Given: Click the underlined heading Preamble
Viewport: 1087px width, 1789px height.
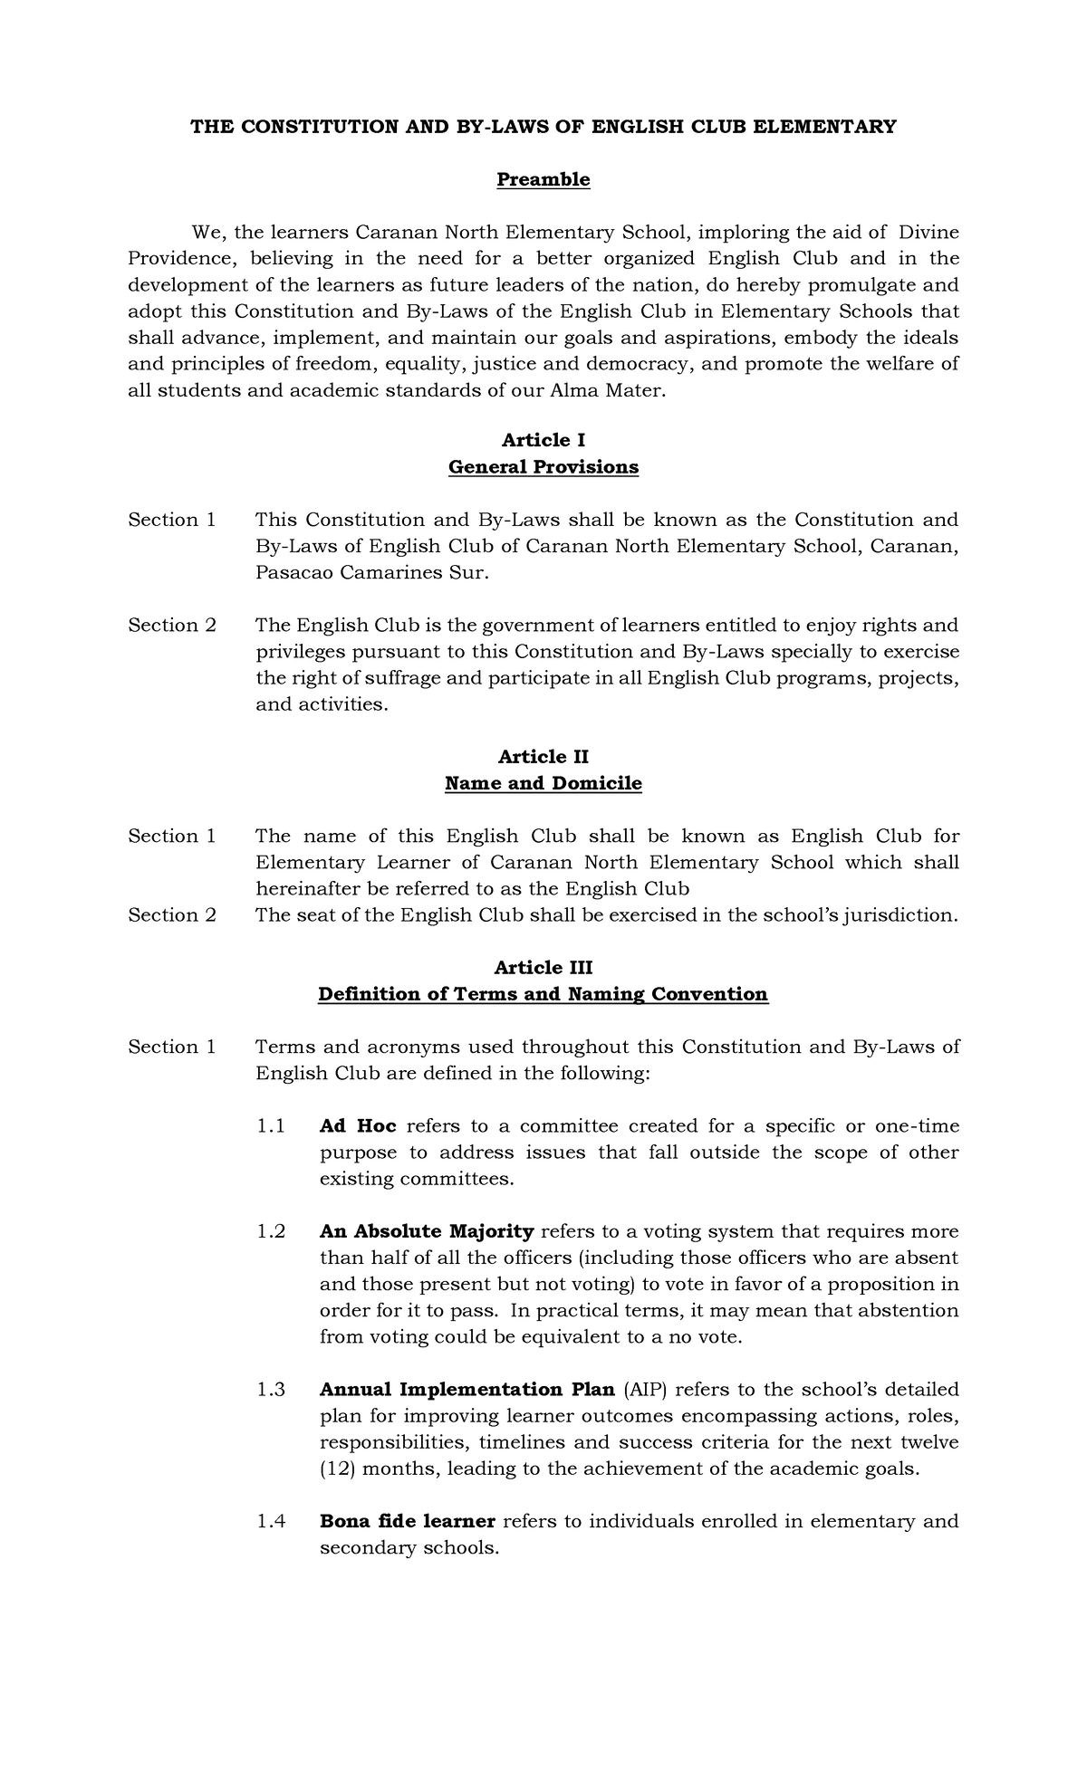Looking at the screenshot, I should point(543,179).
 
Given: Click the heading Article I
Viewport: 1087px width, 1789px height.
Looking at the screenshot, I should point(543,440).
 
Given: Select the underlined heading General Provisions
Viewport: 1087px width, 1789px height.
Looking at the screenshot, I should point(543,467).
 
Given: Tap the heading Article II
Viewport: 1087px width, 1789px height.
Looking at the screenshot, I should point(543,756).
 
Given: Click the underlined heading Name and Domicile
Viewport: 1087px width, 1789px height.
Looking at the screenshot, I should point(543,783).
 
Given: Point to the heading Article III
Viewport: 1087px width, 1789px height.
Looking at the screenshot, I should point(543,967).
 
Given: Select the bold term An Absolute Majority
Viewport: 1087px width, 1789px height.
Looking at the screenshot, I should point(427,1231).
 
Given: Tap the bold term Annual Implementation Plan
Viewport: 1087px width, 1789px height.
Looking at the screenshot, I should point(467,1390).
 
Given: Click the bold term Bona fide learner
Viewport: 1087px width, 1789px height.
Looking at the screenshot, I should point(407,1521).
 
